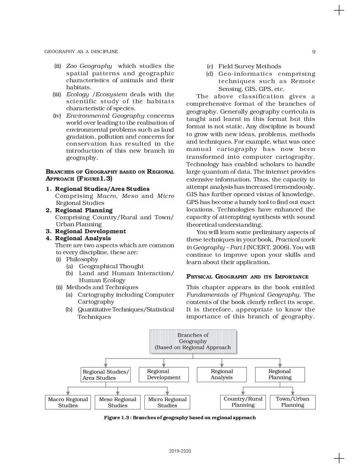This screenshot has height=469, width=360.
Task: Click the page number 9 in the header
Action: (314, 51)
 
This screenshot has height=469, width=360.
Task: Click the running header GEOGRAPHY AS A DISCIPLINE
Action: (81, 51)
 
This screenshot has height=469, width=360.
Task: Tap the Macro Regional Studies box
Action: (68, 402)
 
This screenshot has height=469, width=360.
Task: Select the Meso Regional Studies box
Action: (118, 402)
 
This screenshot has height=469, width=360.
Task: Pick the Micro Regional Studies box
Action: (167, 402)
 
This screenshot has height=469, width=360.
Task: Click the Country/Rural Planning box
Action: (243, 402)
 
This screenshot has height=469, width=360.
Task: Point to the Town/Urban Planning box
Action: (293, 402)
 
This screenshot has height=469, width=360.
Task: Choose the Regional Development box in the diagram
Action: (164, 374)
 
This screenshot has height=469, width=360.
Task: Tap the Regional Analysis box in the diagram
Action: (222, 374)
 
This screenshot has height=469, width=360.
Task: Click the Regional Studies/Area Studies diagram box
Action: (106, 374)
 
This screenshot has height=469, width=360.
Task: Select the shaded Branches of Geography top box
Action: (193, 341)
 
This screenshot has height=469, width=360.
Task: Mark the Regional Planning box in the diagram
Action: (280, 374)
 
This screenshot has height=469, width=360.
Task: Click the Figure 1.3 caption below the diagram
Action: (180, 418)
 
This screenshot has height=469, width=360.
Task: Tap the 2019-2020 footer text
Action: (180, 451)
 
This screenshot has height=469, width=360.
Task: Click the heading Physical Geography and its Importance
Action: (247, 276)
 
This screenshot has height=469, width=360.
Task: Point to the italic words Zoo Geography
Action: (89, 66)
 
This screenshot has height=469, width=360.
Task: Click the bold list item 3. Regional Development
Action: (86, 231)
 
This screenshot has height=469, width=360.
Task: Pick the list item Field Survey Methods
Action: (249, 66)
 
